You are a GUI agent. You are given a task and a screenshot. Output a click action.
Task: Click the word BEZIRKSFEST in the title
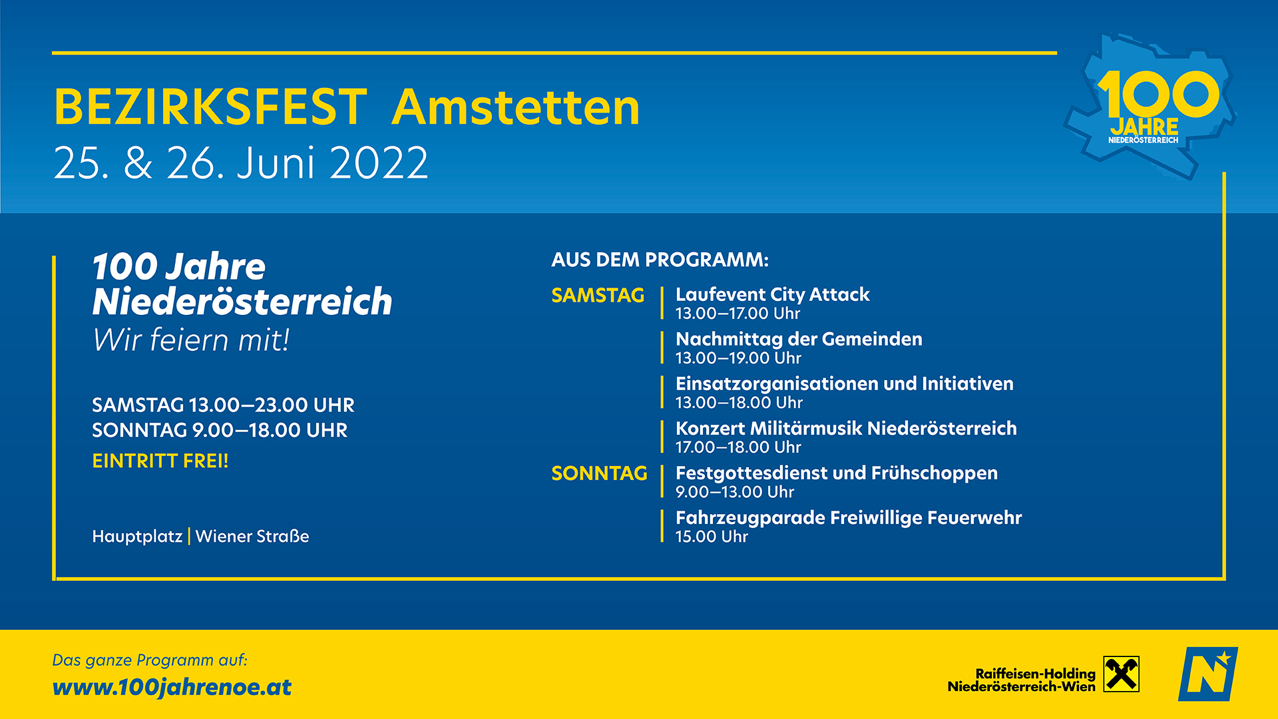[x=210, y=107]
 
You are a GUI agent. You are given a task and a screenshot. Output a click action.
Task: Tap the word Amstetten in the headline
[x=516, y=107]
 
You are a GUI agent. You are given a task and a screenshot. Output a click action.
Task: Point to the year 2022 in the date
[x=379, y=162]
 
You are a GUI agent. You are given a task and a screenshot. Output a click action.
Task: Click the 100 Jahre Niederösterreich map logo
[x=1150, y=107]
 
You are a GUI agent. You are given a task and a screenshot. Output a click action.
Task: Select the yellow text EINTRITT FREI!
[x=160, y=461]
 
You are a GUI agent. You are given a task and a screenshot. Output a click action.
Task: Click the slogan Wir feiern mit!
[x=191, y=340]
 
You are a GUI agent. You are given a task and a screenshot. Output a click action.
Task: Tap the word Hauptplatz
[x=137, y=536]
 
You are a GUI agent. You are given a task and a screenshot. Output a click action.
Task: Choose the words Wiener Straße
[x=252, y=536]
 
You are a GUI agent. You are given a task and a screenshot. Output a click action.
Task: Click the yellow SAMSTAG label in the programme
[x=598, y=295]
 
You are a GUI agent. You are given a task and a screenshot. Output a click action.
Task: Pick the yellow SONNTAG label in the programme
[x=599, y=473]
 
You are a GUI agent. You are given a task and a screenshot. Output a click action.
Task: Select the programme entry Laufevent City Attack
[x=773, y=294]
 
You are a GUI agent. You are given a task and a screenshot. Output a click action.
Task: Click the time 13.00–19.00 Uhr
[x=738, y=358]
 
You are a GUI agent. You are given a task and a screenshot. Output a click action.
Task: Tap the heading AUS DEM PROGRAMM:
[x=660, y=260]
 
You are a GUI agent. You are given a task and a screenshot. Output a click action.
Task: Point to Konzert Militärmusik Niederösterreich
[x=846, y=428]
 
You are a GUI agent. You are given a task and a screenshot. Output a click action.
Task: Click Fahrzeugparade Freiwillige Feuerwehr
[x=849, y=517]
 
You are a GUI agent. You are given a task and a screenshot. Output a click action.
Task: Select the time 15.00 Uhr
[x=712, y=537]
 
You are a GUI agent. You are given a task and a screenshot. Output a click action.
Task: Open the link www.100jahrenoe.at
[x=172, y=687]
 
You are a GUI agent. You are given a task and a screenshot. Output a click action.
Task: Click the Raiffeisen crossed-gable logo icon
[x=1122, y=674]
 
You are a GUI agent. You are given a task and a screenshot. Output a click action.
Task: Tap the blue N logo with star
[x=1208, y=674]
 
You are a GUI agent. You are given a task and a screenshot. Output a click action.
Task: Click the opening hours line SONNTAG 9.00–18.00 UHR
[x=220, y=430]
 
